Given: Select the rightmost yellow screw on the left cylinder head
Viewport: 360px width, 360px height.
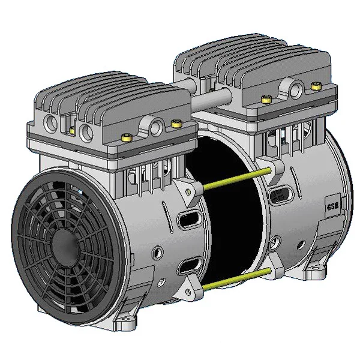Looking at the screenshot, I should (176, 124).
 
